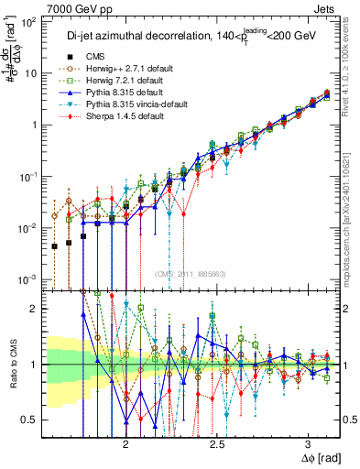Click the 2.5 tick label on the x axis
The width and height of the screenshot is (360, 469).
tap(217, 441)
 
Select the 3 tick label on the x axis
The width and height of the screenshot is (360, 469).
tap(309, 441)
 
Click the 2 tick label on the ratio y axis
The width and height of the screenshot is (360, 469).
tap(34, 309)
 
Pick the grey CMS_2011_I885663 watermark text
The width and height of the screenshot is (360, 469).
tap(191, 273)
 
